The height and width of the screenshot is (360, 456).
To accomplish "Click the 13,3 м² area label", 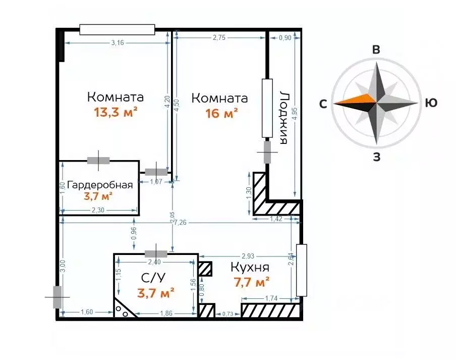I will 116,112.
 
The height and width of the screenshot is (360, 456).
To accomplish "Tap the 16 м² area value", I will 222,114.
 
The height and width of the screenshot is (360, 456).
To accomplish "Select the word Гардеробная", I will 100,185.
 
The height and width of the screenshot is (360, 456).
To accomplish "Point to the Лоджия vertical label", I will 284,118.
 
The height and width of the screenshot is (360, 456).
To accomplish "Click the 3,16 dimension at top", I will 117,42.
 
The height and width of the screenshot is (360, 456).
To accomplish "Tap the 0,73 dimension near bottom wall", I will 228,315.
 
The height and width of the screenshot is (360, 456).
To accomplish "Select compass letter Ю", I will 430,104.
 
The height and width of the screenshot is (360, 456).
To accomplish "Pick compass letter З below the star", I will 376,157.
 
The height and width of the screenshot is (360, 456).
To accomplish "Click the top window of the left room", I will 117,30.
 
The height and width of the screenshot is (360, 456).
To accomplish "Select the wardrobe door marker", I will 98,161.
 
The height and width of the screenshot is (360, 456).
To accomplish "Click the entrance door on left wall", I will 58,297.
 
